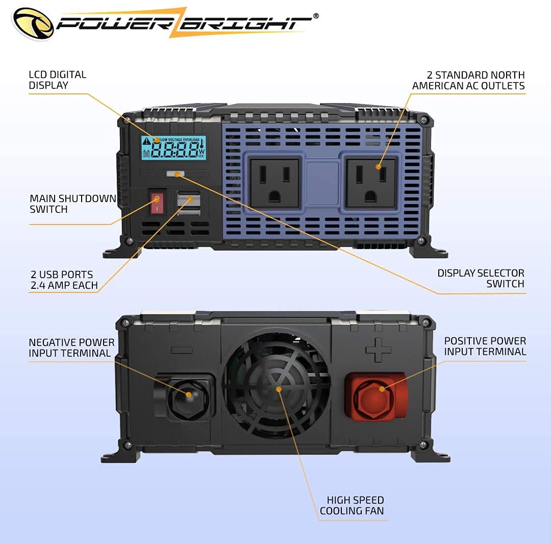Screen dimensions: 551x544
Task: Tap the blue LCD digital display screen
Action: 173,148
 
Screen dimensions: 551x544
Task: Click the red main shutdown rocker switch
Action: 157,203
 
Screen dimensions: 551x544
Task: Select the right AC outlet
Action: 371,182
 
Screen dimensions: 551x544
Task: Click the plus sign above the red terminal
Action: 378,350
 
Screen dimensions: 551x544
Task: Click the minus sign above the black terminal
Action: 182,351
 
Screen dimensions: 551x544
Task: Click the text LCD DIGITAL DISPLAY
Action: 57,80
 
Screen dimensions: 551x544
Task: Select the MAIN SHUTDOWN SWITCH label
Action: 73,204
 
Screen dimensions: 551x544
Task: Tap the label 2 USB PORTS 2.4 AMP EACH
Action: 63,280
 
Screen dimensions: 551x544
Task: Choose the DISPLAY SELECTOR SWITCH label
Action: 481,278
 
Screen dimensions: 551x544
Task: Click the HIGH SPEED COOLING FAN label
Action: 352,505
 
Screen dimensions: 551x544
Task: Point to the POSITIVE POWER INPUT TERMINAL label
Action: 485,346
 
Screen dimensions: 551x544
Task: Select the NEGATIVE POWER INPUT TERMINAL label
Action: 71,348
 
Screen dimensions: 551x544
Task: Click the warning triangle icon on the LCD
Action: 147,141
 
